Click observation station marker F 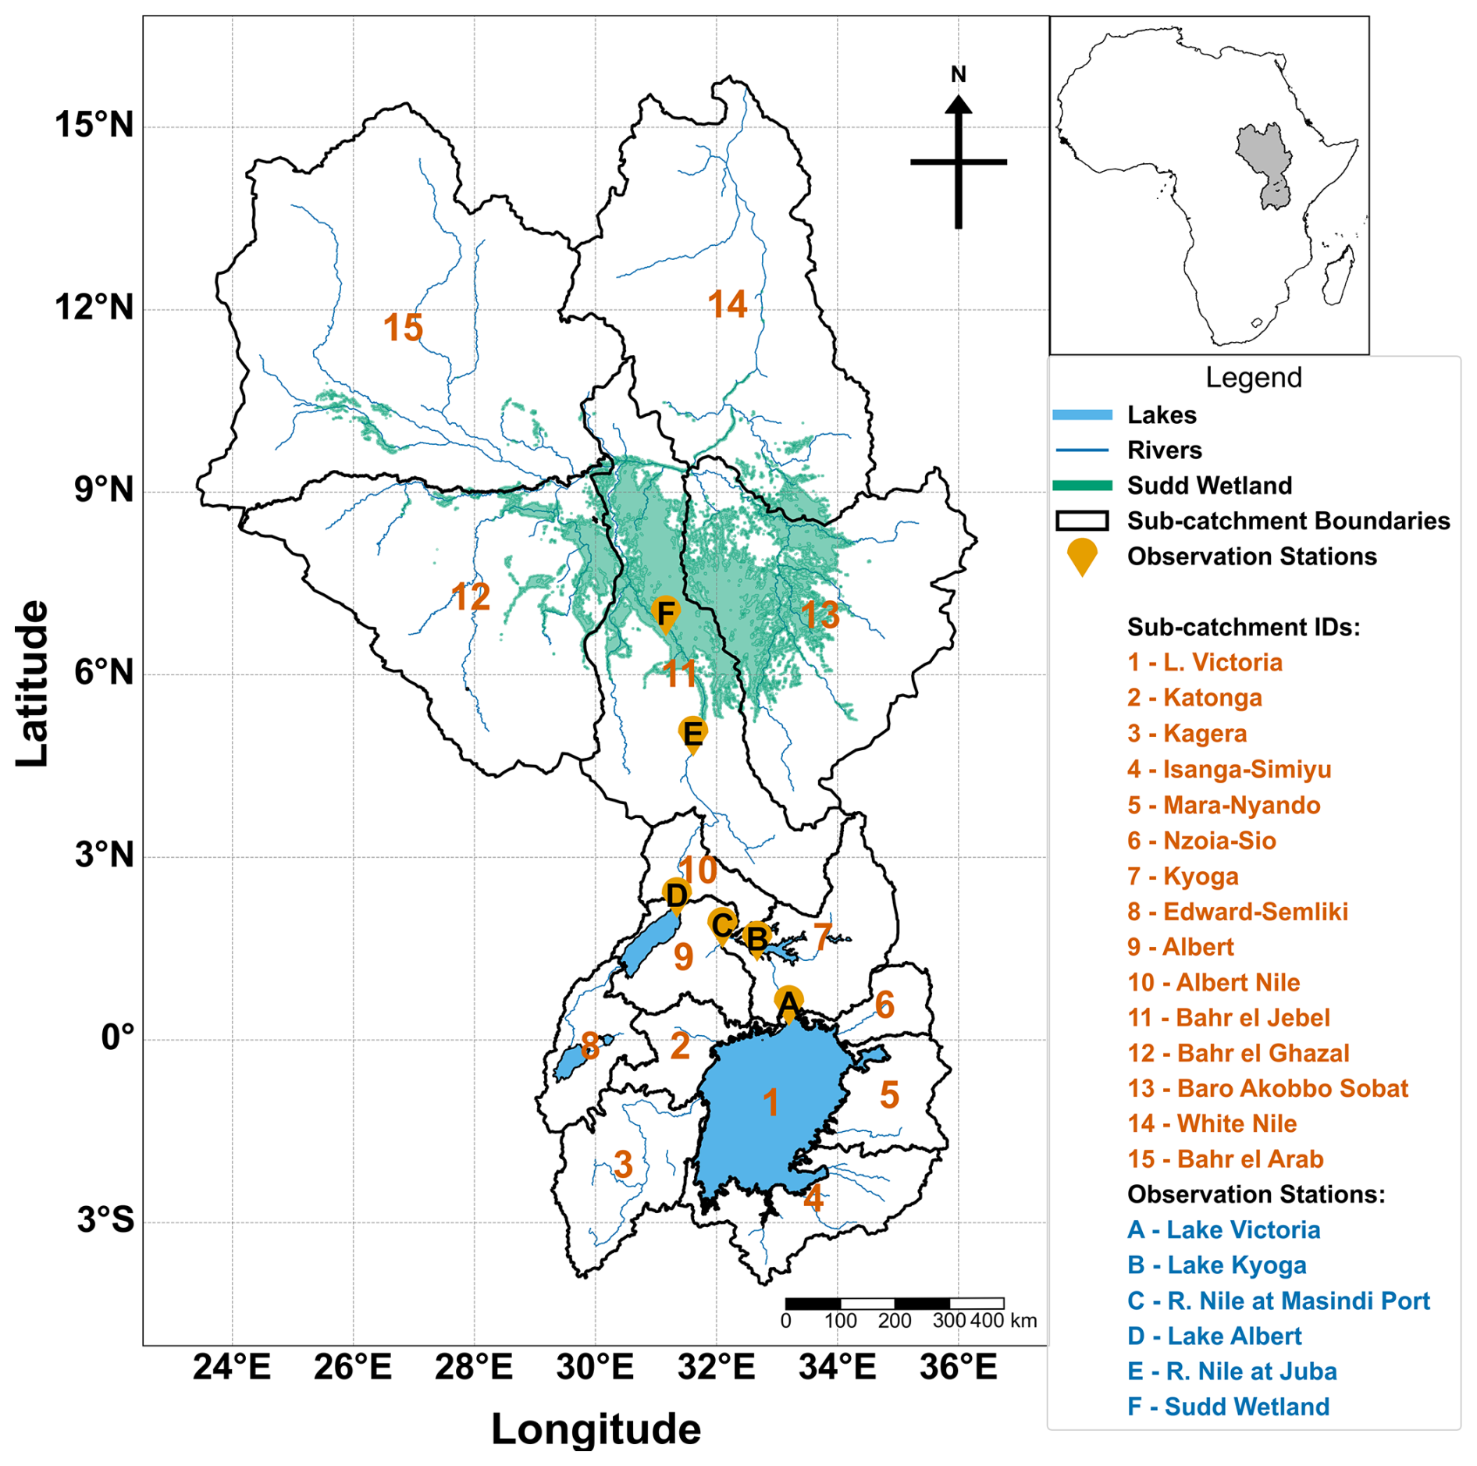tap(665, 614)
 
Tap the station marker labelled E tap(692, 735)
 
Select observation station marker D tap(676, 895)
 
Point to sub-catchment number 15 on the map tap(403, 328)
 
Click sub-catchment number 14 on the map tap(728, 304)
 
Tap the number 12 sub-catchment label tap(471, 597)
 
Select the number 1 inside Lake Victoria tap(771, 1103)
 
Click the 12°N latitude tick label tap(94, 307)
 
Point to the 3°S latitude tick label tap(105, 1219)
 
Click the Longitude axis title tap(596, 1429)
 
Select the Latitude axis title tap(33, 683)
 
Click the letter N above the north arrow tap(958, 74)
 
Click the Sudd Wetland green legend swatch tap(1082, 486)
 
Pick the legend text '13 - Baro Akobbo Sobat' tap(1267, 1088)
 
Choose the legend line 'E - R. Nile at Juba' tap(1232, 1371)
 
